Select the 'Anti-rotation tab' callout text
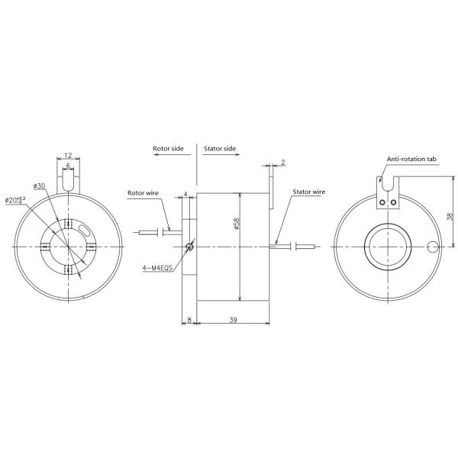[411, 159]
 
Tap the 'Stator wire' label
[310, 193]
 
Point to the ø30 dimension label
[40, 185]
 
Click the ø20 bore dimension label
[15, 200]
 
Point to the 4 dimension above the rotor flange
[186, 195]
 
